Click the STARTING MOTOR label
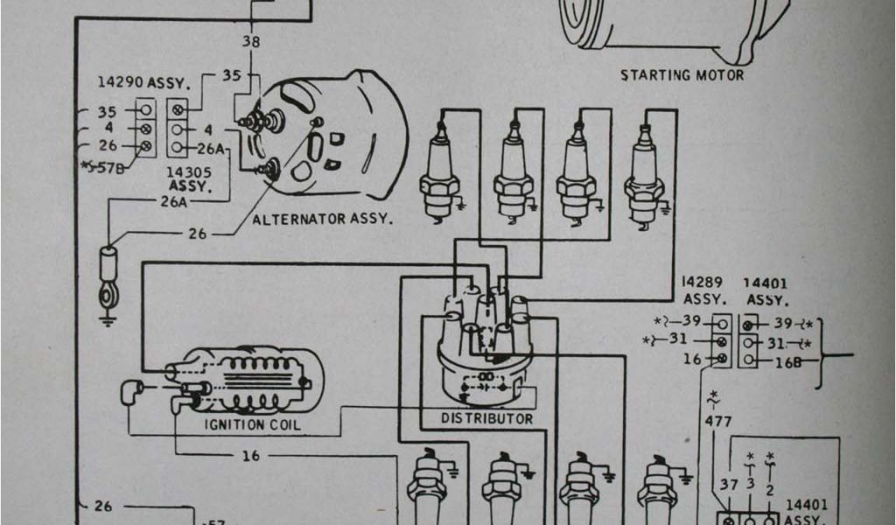pyautogui.click(x=682, y=75)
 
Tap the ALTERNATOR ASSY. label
pyautogui.click(x=322, y=219)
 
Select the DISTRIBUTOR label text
pyautogui.click(x=487, y=419)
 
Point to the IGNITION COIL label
pyautogui.click(x=252, y=425)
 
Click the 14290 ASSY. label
pyautogui.click(x=143, y=83)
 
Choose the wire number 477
pyautogui.click(x=717, y=422)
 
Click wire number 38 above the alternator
pyautogui.click(x=251, y=41)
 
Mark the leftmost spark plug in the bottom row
pyautogui.click(x=427, y=486)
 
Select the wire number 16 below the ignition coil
pyautogui.click(x=251, y=456)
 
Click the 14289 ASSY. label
pyautogui.click(x=701, y=290)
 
